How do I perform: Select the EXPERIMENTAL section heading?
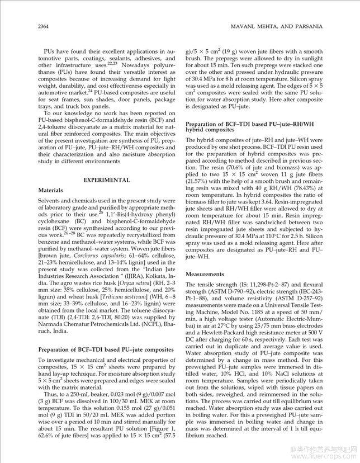(106, 180)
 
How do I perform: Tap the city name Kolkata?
(154, 261)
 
